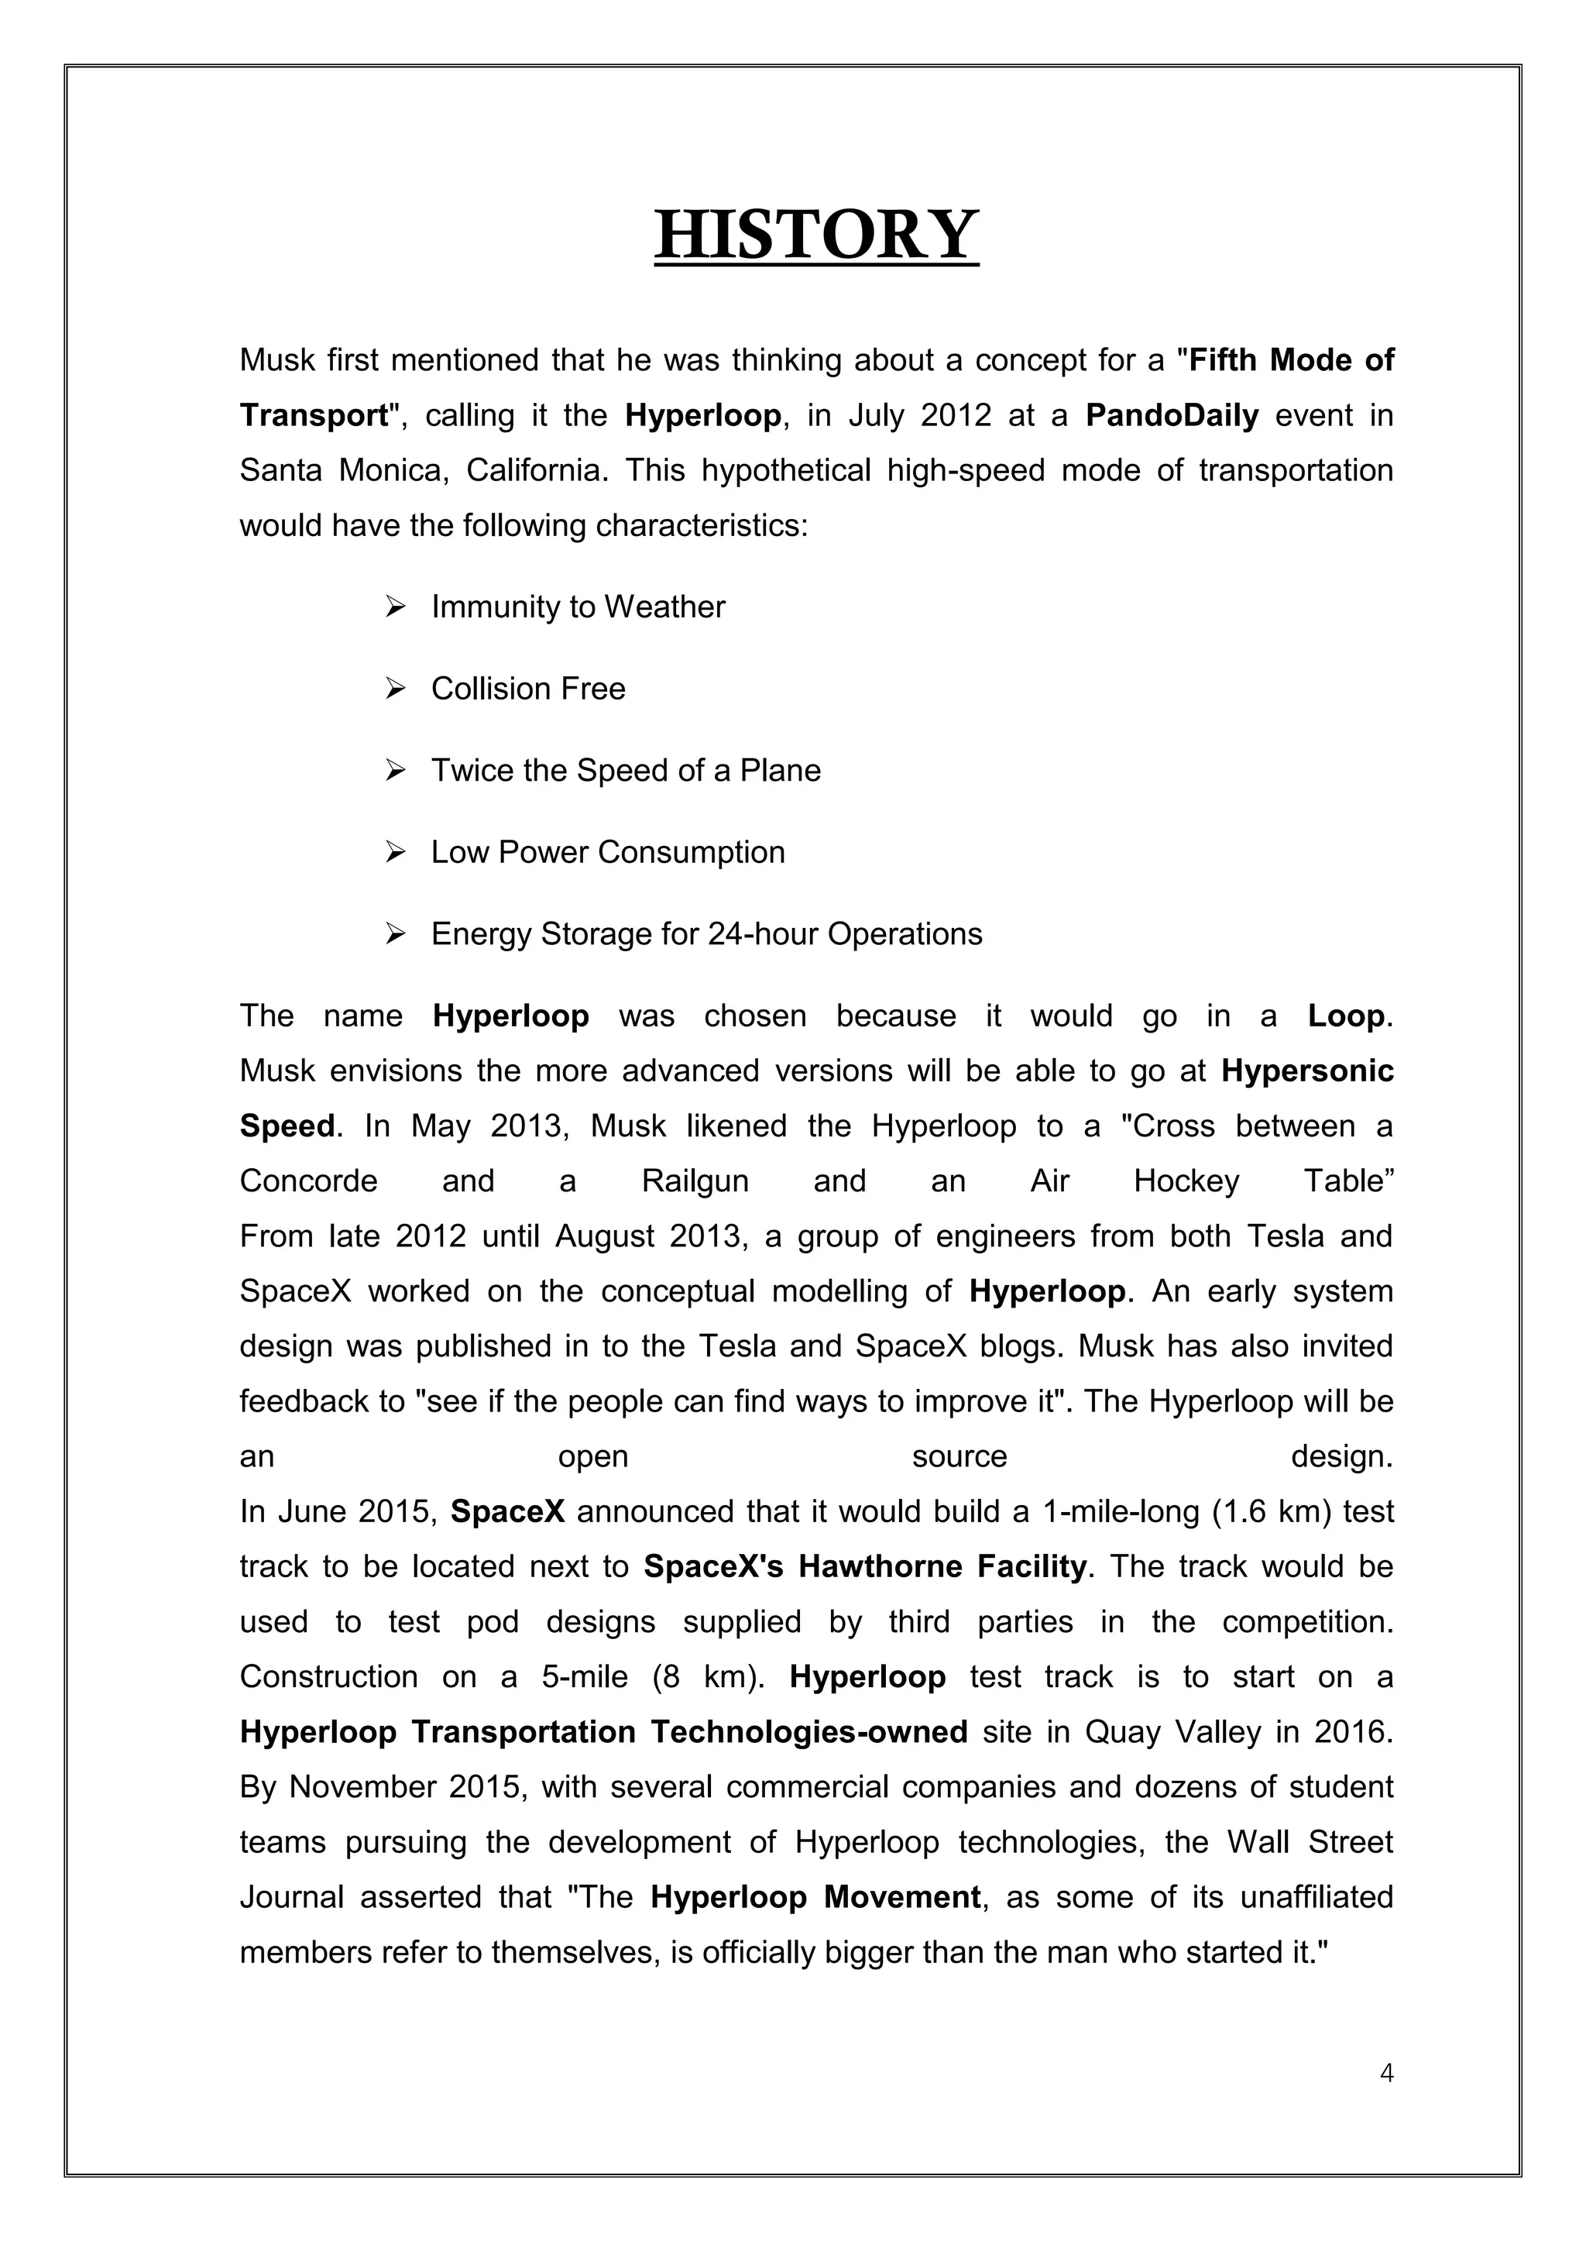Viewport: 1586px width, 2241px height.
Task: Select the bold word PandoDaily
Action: pyautogui.click(x=1172, y=416)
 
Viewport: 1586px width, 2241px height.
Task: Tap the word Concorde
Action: pyautogui.click(x=309, y=1181)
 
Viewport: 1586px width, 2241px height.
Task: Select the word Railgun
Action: pyautogui.click(x=695, y=1181)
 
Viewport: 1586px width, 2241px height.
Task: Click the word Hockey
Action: pyautogui.click(x=1186, y=1181)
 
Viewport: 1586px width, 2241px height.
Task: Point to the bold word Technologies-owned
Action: pyautogui.click(x=808, y=1732)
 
